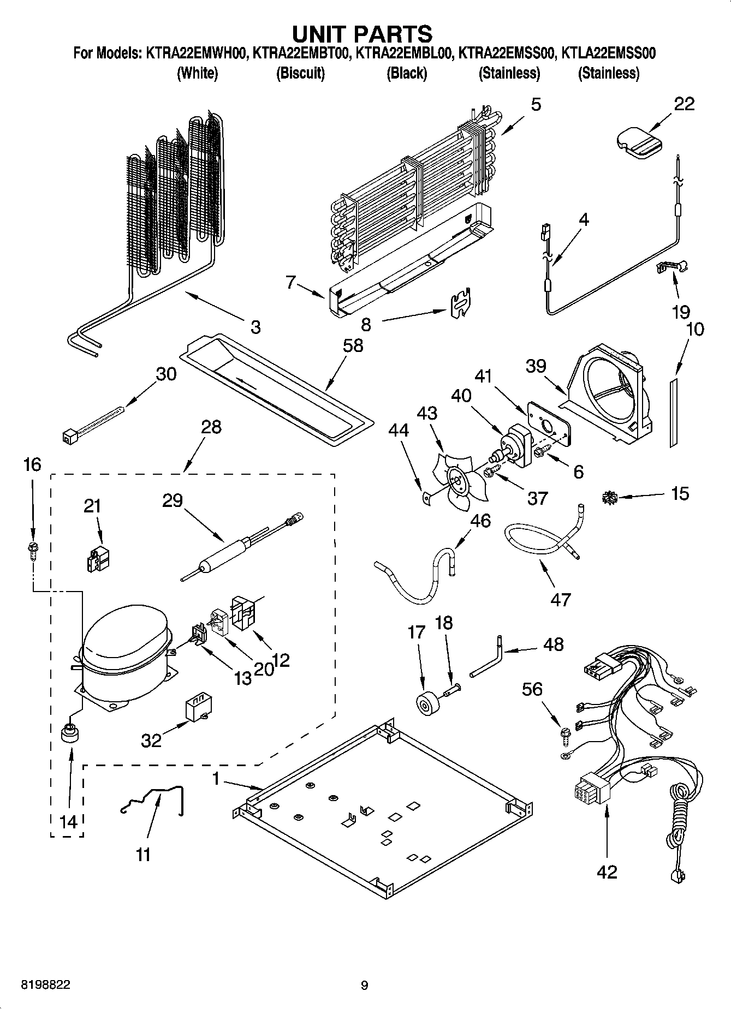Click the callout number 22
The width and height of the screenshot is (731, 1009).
[x=684, y=103]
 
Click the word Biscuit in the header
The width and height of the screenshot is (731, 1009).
[x=300, y=73]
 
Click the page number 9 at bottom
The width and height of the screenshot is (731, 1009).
[x=365, y=985]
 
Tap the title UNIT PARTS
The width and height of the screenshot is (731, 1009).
[x=362, y=34]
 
